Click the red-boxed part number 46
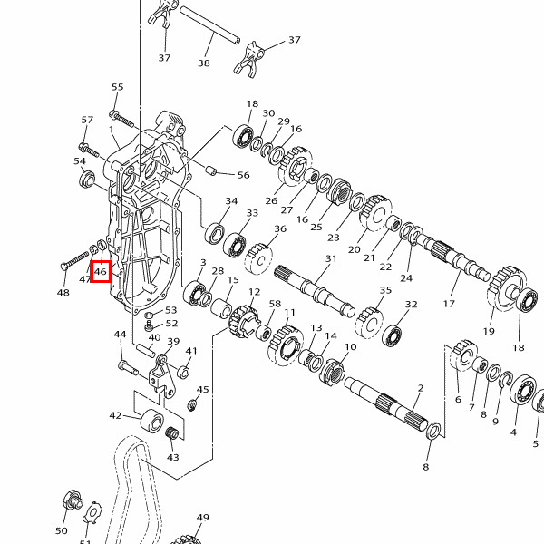[101, 271]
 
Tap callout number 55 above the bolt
[118, 87]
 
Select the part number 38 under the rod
[204, 63]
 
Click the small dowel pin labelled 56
[210, 170]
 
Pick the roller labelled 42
[152, 419]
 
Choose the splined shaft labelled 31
[315, 291]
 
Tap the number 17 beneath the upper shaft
[449, 304]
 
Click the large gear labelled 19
[506, 288]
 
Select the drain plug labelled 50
[73, 500]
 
